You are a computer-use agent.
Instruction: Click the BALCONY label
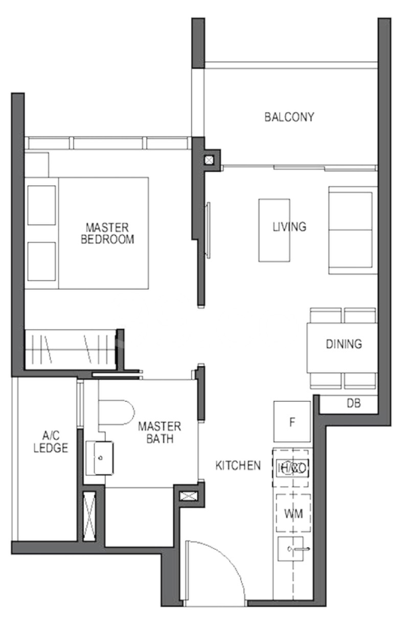click(289, 117)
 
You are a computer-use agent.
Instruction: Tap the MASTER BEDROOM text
click(107, 233)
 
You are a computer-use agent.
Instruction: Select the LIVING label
click(289, 226)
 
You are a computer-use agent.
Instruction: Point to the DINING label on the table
click(344, 344)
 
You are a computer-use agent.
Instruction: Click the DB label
click(354, 403)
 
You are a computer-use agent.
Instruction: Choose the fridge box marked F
click(292, 422)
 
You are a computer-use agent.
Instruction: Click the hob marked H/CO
click(291, 468)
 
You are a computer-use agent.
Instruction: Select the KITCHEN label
click(238, 466)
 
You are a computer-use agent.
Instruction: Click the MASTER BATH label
click(159, 432)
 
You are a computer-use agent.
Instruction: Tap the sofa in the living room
click(350, 230)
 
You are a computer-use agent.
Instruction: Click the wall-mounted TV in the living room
click(208, 230)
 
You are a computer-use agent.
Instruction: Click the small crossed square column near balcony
click(209, 160)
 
